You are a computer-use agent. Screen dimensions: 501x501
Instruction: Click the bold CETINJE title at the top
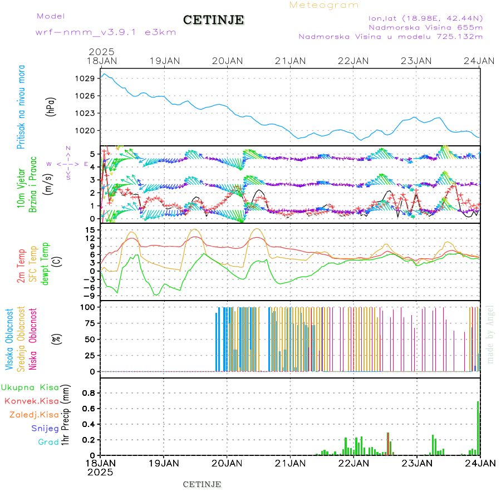[213, 20]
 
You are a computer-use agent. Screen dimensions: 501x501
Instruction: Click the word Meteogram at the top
[324, 5]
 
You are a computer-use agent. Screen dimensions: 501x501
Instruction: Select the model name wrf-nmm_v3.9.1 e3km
[106, 32]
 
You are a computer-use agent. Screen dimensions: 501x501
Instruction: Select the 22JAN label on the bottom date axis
[353, 463]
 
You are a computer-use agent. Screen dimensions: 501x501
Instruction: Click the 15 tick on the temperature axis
[90, 230]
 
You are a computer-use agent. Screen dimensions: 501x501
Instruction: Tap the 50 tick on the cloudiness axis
[90, 339]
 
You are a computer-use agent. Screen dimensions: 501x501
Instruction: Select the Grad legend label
[48, 442]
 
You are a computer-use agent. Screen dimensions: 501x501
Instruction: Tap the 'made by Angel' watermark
[490, 334]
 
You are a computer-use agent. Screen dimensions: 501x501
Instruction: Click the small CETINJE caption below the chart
[202, 484]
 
